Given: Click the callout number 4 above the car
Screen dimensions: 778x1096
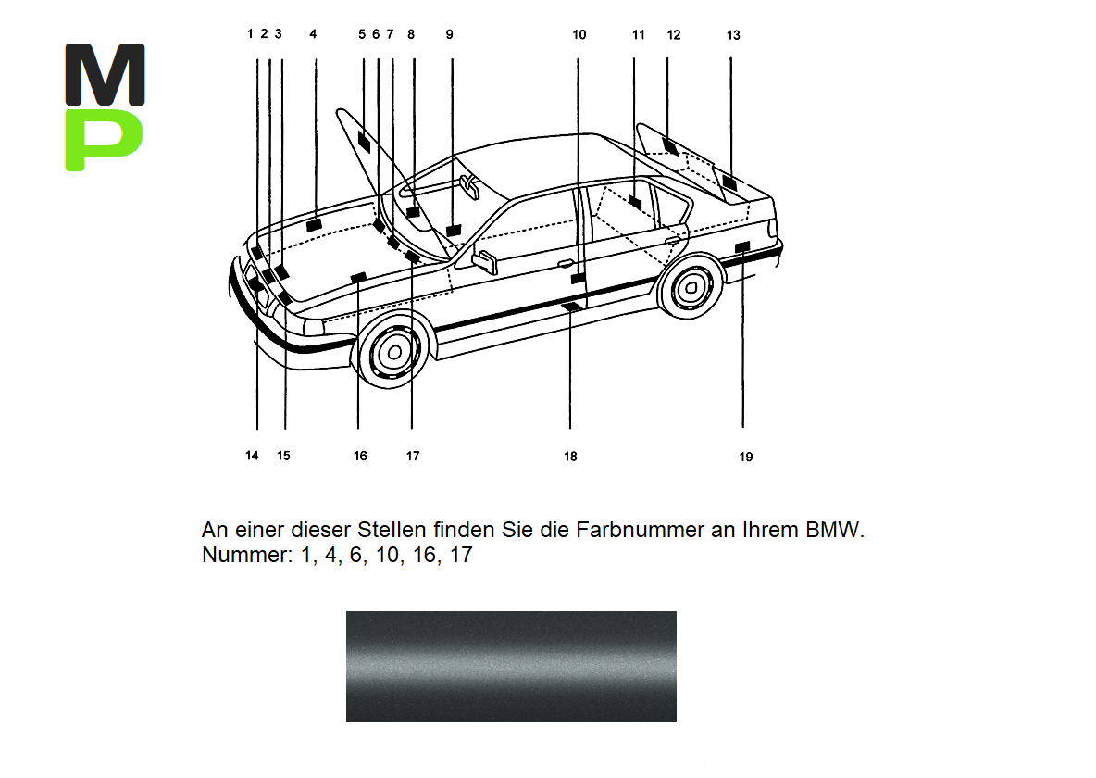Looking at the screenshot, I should tap(313, 34).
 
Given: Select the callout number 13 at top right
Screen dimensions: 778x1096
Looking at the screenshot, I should tap(733, 35).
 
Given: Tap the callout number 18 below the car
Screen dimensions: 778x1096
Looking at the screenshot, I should tap(570, 456).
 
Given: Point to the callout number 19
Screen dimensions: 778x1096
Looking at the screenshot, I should tap(746, 457).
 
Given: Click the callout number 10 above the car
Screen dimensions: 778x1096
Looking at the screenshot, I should tap(579, 35).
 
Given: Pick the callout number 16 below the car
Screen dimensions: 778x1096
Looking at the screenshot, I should tap(360, 456).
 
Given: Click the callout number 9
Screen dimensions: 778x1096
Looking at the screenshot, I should tap(449, 34).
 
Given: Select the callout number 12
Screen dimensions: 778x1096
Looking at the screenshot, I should tap(673, 35).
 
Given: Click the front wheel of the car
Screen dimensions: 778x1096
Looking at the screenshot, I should tap(394, 352).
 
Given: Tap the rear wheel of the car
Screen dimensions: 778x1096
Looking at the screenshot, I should tap(689, 290).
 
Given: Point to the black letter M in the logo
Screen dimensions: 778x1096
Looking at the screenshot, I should tap(105, 73).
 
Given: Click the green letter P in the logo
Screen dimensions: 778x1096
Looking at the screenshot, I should tap(105, 140).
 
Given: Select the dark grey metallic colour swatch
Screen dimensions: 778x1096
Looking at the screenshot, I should tap(511, 666).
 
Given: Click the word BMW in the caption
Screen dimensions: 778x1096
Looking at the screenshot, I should tap(835, 531).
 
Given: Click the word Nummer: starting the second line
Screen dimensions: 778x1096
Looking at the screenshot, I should tap(245, 557).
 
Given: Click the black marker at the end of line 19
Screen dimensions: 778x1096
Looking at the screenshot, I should tap(741, 246).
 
